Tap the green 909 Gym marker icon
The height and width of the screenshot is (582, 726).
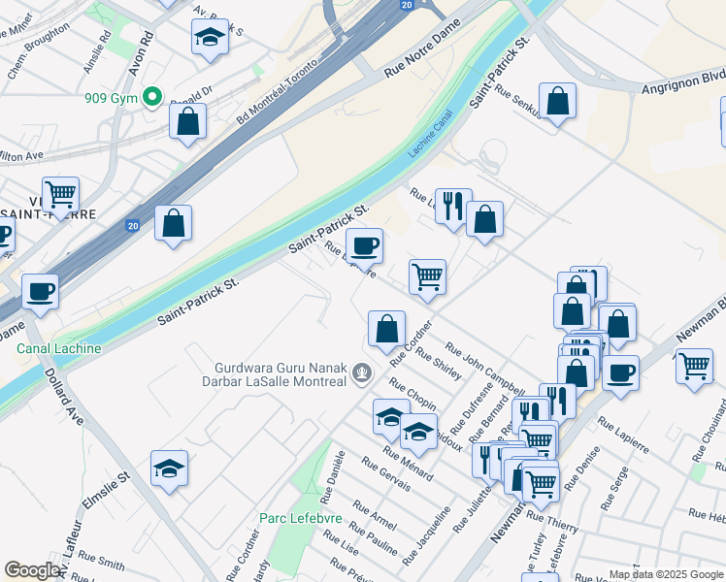[151, 97]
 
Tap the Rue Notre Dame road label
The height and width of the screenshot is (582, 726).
[419, 57]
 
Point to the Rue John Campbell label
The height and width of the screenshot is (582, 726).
[484, 363]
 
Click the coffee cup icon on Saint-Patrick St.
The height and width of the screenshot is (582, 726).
[365, 245]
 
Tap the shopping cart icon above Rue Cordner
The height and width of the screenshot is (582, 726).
[427, 276]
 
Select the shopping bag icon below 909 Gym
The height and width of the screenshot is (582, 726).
[188, 121]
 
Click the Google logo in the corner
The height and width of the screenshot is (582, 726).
[33, 570]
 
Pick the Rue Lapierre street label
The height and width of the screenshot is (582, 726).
[622, 436]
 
